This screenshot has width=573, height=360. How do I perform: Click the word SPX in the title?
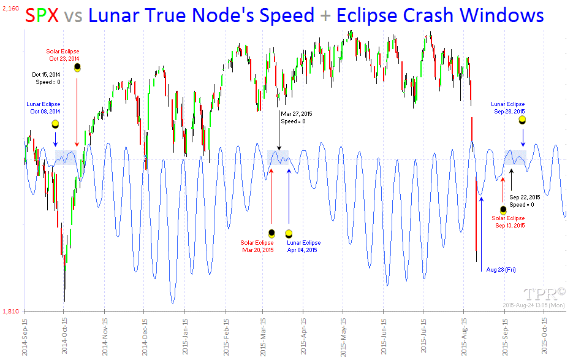[x=42, y=15]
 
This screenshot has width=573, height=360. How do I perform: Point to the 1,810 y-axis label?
[x=11, y=312]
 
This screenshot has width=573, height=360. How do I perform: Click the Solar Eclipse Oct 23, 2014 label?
[x=63, y=55]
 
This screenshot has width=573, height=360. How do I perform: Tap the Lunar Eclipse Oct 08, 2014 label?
[x=43, y=108]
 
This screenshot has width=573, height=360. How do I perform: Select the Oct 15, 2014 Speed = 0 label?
[x=45, y=78]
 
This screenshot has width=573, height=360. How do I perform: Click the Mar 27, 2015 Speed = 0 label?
[x=297, y=117]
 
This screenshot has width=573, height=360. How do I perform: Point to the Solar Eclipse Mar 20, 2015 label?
[x=257, y=247]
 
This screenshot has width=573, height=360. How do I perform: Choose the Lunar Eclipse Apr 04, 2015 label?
[x=303, y=247]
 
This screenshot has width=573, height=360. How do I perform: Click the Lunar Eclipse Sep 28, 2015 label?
[x=507, y=108]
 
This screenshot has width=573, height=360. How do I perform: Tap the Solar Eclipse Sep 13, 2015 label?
[x=508, y=222]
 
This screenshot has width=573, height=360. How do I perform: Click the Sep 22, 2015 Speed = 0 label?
[x=525, y=201]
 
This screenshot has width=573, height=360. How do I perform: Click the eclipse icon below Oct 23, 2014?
[x=77, y=68]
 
